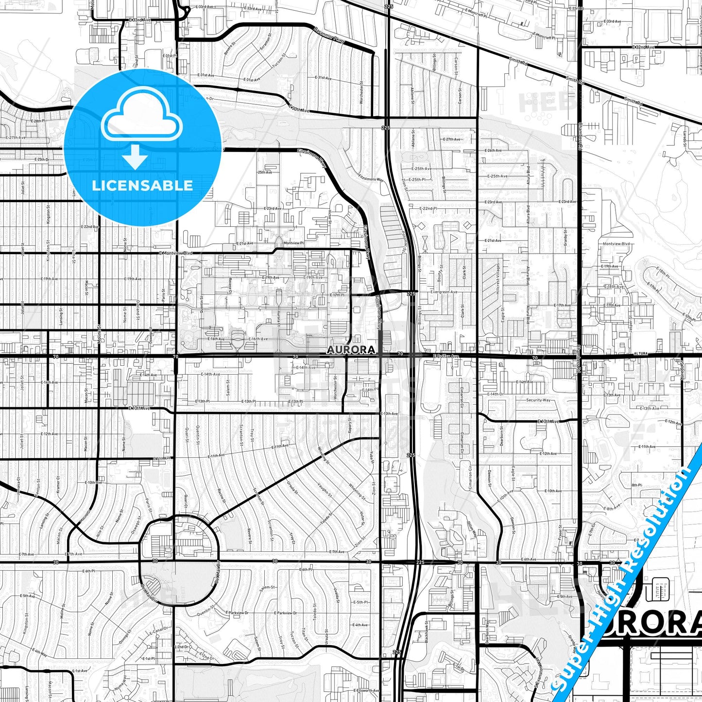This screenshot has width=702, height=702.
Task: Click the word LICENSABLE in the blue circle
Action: pos(142,186)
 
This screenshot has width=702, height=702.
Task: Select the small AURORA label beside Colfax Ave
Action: pos(351,350)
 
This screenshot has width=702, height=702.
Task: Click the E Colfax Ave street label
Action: pos(445,356)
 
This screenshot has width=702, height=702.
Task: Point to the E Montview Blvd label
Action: pos(175,253)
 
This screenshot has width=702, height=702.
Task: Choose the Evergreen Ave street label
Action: pos(445,292)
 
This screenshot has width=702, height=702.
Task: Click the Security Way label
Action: pos(538,400)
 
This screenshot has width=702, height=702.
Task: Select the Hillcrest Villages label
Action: pos(497,282)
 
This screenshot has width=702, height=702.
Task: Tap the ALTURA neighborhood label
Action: pos(641,354)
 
